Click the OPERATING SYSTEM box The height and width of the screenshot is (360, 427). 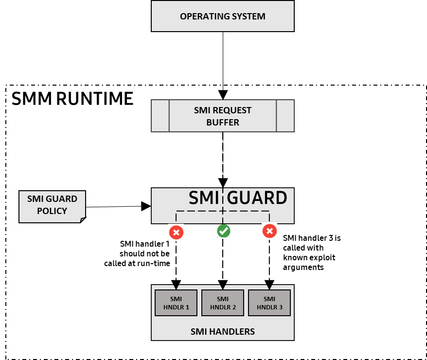click(x=222, y=16)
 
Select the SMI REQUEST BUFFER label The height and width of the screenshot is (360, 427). click(x=222, y=116)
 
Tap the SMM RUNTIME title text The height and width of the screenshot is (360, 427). click(x=72, y=99)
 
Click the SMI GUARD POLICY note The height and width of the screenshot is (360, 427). click(x=52, y=205)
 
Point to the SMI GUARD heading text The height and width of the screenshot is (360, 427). click(x=238, y=198)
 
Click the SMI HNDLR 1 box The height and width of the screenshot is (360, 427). click(x=176, y=303)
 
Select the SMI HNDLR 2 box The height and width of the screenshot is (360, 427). click(x=222, y=303)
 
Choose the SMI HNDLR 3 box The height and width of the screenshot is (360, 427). click(x=269, y=303)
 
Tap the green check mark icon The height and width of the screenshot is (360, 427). click(x=224, y=231)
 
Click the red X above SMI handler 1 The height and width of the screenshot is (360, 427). click(x=176, y=232)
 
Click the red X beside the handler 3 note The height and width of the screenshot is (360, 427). click(x=269, y=231)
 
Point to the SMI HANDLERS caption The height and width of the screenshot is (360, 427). click(x=222, y=332)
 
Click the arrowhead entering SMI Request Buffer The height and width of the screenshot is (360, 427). click(x=223, y=94)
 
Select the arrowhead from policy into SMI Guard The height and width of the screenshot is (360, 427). click(x=146, y=206)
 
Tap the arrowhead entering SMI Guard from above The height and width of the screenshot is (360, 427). click(x=223, y=183)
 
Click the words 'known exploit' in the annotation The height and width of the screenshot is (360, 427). click(x=309, y=257)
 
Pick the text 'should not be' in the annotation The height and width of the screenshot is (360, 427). click(x=145, y=253)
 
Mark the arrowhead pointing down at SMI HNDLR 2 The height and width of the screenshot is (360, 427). click(x=223, y=284)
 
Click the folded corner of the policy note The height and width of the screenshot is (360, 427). click(x=82, y=219)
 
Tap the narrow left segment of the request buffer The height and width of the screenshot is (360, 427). click(x=160, y=116)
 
